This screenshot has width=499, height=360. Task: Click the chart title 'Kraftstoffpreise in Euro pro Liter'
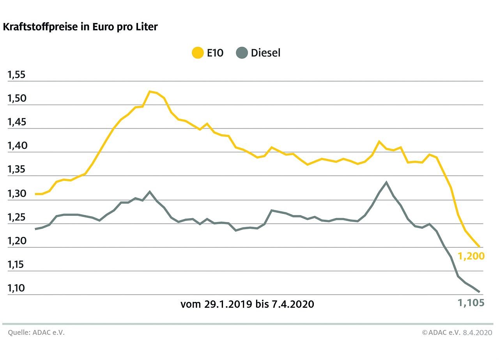pos(80,27)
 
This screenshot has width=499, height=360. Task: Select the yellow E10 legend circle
pos(198,53)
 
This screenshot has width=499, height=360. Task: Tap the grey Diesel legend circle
pos(242,53)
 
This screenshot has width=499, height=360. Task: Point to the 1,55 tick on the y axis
pos(16,75)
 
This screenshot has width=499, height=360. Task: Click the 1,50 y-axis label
pos(16,99)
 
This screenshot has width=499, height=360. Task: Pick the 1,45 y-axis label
pos(16,122)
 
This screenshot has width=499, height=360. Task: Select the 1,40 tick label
pos(16,146)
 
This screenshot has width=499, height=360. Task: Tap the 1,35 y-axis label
pos(16,170)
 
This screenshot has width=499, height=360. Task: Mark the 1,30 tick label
pos(16,194)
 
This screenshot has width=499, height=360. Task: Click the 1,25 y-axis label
pos(16,217)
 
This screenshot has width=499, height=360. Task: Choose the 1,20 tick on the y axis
pos(16,241)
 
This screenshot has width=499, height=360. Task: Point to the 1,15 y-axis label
pos(16,265)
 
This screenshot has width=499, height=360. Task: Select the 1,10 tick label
pos(16,289)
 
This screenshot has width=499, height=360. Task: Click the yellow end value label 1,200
pos(471,256)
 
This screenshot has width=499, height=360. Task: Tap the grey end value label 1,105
pos(471,303)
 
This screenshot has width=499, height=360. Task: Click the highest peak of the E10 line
pos(150,92)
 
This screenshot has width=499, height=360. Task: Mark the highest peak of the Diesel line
pos(386,182)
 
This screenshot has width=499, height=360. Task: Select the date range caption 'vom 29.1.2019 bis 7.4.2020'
pos(247,304)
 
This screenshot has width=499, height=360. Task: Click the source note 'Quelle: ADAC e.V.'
pos(36,333)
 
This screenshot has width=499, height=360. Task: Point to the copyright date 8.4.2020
pos(478,333)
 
